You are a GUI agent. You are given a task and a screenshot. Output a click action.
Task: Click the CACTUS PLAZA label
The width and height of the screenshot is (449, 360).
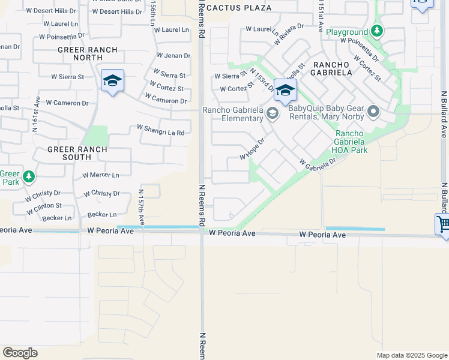pyautogui.click(x=238, y=8)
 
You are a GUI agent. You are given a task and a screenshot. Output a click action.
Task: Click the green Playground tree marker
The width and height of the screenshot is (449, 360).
pyautogui.click(x=376, y=31)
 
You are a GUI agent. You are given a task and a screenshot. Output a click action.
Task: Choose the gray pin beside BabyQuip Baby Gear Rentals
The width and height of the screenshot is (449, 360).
pyautogui.click(x=374, y=111)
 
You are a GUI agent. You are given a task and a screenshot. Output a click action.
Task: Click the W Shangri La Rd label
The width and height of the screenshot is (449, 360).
pyautogui.click(x=160, y=130)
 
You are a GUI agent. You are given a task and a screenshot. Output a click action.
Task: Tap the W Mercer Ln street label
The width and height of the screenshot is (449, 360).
pyautogui.click(x=101, y=175)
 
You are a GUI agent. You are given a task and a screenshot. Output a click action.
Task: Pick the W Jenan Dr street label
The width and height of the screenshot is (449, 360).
pyautogui.click(x=172, y=56)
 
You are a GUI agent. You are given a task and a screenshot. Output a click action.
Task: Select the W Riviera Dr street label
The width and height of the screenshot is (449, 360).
pyautogui.click(x=289, y=35)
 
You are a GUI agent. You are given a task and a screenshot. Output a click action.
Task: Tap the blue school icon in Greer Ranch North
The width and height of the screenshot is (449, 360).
pyautogui.click(x=112, y=80)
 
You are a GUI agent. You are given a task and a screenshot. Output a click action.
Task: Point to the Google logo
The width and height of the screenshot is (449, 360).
pyautogui.click(x=20, y=353)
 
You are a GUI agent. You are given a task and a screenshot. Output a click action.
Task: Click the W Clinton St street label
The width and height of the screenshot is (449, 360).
pyautogui.click(x=44, y=206)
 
